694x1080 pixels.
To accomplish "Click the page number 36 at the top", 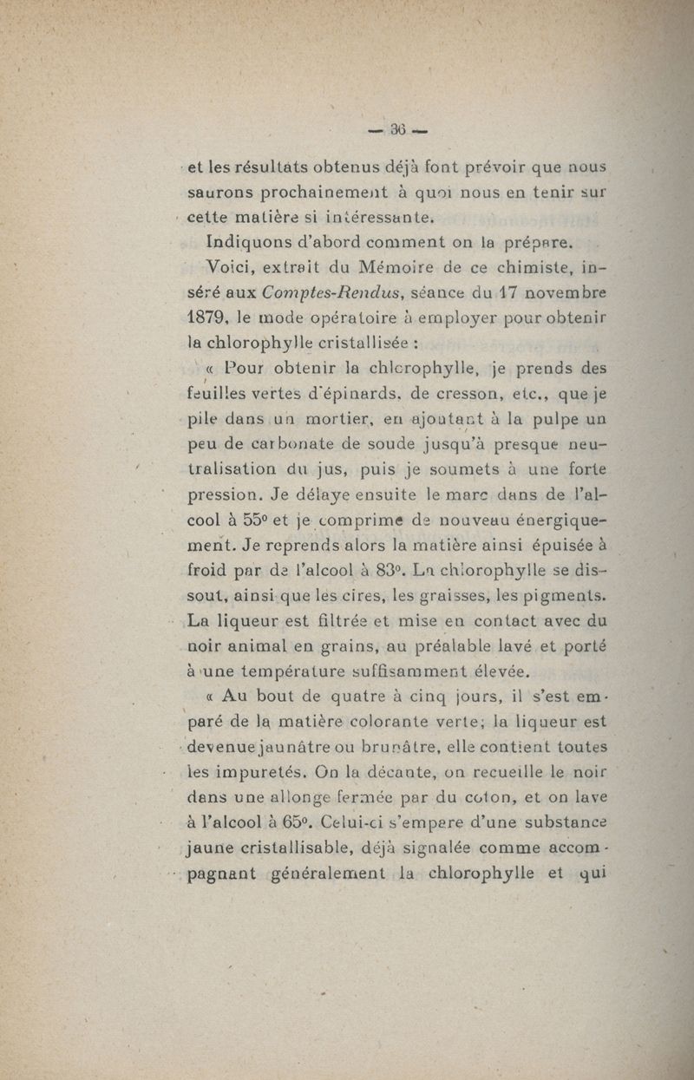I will click(x=398, y=131).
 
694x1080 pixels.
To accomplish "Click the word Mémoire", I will click(x=374, y=267).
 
